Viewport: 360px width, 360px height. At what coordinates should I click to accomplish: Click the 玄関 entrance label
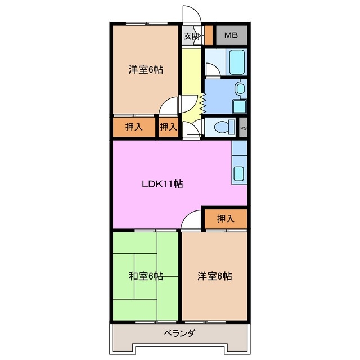(x=192, y=37)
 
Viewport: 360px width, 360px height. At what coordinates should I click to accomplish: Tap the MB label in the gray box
(x=231, y=36)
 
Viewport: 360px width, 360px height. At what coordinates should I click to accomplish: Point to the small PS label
(x=243, y=128)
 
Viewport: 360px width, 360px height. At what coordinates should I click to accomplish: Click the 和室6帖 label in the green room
(x=146, y=276)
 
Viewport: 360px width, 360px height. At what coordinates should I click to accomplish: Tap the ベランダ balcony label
(x=179, y=334)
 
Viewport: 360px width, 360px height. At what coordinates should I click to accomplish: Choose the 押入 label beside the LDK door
(x=225, y=218)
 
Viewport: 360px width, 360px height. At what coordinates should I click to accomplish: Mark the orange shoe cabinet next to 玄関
(x=208, y=35)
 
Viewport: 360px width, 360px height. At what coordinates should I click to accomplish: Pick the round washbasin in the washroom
(x=240, y=88)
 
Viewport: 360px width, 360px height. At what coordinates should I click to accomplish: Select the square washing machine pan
(x=238, y=106)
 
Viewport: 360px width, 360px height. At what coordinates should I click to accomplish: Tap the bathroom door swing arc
(x=212, y=71)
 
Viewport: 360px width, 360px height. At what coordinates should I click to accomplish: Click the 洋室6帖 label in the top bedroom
(x=146, y=70)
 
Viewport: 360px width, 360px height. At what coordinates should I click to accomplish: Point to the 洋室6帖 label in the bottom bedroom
(x=214, y=276)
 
